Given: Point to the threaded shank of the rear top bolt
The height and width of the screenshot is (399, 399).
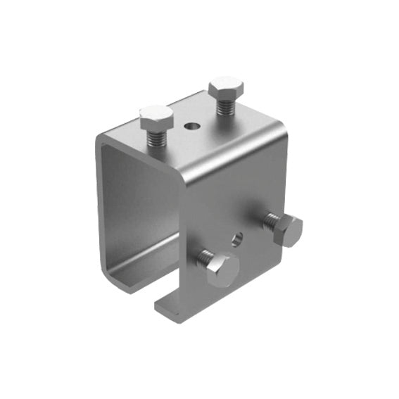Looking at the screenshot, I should (x=225, y=106).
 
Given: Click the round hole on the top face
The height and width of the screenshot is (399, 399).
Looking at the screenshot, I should (x=189, y=127).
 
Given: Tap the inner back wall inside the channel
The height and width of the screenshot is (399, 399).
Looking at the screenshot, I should (x=134, y=204).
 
